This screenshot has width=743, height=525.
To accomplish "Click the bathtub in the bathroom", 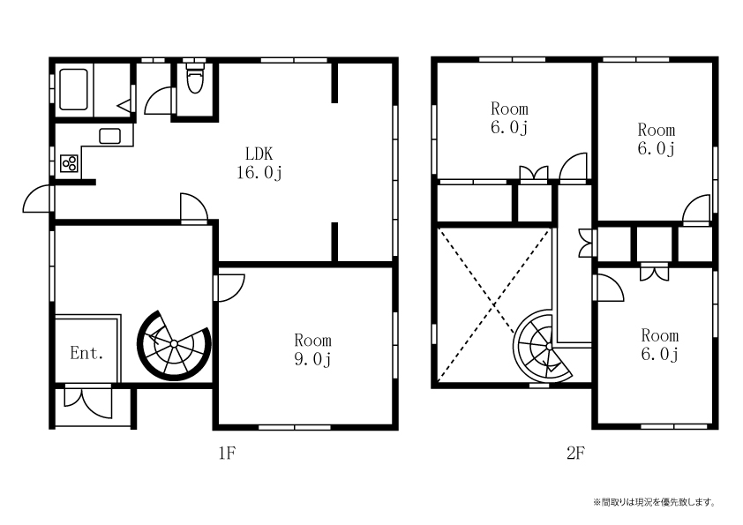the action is pos(73,89).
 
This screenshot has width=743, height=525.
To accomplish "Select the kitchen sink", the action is pos(109,136).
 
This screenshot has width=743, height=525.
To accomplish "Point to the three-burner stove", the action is pos(69,163).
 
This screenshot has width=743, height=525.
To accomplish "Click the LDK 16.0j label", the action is pos(259,163).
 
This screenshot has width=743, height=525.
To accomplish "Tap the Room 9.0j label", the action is pos(312,349).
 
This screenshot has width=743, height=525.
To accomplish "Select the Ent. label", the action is pos(86,353).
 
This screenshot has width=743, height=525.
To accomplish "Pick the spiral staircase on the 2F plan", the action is pos(543,346).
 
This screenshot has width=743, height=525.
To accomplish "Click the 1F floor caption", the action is pos(227,454).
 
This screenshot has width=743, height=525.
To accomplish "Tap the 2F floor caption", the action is pos(575,454).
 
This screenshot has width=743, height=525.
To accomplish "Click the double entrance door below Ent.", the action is pos(88,402).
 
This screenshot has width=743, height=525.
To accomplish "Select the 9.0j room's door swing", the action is pos(229,287).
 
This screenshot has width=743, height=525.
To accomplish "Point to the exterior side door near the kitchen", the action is pos(38,199).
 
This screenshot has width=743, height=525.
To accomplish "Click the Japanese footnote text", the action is pos(654,502).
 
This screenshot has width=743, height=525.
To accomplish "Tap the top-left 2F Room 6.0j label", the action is pos(509,118).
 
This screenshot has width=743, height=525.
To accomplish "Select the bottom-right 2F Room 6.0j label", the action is pos(659,344).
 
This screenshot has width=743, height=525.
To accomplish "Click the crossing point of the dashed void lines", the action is pos(494,304).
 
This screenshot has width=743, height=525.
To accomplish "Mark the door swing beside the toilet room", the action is pos(158,100).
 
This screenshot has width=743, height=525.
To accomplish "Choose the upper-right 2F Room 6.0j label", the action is pos(657,139).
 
